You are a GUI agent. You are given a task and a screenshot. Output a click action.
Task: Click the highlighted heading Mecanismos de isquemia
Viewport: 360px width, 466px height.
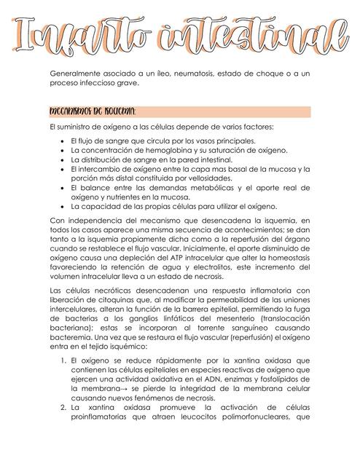[91, 111]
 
